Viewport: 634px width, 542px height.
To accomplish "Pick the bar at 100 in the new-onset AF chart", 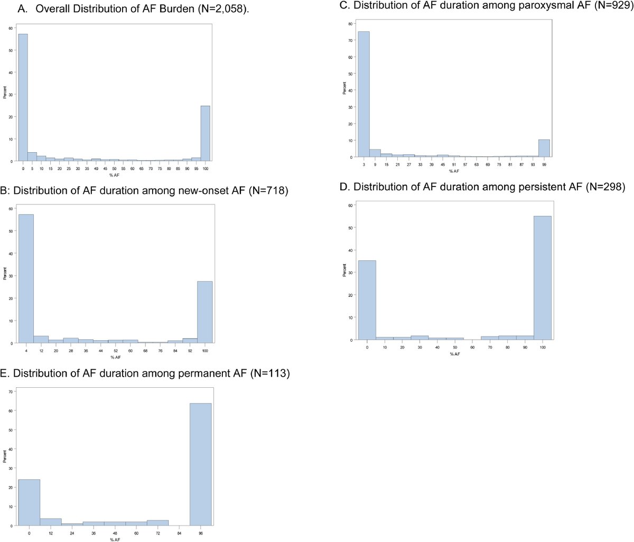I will (x=205, y=312).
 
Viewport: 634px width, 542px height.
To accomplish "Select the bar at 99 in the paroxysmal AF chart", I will (x=544, y=148).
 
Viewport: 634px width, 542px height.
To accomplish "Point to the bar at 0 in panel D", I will (x=367, y=300).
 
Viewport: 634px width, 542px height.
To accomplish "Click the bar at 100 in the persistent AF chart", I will (x=543, y=278).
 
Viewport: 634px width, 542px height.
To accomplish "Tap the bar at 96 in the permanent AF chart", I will (x=201, y=464).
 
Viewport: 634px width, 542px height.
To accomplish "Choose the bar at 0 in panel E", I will (x=29, y=502).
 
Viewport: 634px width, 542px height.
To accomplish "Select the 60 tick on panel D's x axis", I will (x=472, y=347).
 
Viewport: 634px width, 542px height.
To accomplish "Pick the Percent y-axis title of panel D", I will (x=344, y=270).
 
